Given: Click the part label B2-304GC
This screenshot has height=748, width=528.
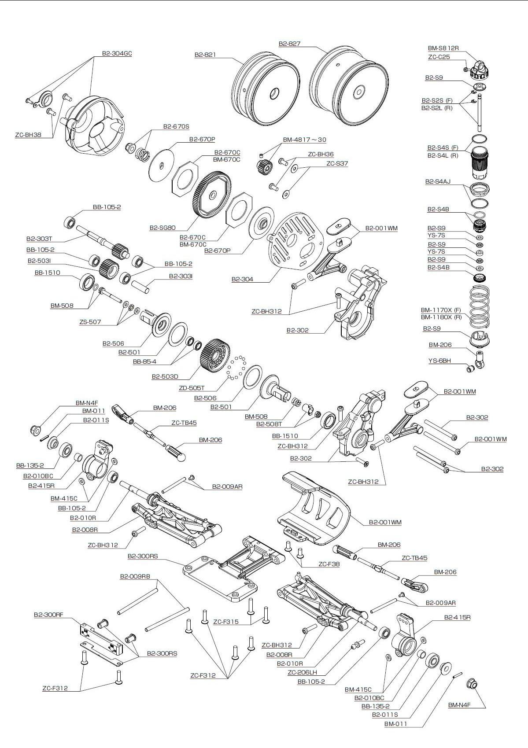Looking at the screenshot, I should (117, 54).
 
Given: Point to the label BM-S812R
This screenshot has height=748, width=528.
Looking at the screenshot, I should (443, 48).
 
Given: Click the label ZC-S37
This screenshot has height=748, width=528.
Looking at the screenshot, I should (337, 163).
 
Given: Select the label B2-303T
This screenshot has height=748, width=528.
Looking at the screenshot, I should (39, 239).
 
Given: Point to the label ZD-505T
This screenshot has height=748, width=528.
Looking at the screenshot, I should (192, 388).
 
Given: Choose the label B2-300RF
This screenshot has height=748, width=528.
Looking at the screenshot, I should (48, 615).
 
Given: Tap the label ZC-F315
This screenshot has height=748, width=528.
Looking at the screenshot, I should (225, 622).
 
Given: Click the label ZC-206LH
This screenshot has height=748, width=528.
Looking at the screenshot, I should (302, 672).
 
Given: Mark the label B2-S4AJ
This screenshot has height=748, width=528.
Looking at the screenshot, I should (438, 181).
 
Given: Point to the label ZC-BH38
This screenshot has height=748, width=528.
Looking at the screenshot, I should (28, 135).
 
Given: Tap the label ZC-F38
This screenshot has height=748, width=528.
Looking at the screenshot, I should (329, 564).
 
